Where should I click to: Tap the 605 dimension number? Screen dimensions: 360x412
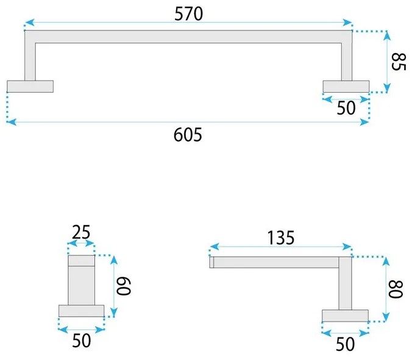[x=188, y=134]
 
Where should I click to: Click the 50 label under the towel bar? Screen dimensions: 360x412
[x=346, y=107]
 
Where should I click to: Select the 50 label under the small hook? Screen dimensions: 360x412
[x=81, y=340]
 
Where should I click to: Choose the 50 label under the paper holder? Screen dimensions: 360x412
[x=345, y=345]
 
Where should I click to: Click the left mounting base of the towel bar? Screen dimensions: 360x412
[x=30, y=86]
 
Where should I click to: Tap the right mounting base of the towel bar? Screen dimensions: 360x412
[x=346, y=86]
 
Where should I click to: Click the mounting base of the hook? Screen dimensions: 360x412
[x=82, y=311]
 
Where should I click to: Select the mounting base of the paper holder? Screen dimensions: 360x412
[x=345, y=315]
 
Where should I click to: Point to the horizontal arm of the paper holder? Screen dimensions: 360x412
[x=274, y=262]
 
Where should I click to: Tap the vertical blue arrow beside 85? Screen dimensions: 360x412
[x=386, y=61]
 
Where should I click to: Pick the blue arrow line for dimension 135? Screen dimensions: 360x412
[x=280, y=248]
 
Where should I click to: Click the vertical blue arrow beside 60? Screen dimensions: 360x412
[x=113, y=287]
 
